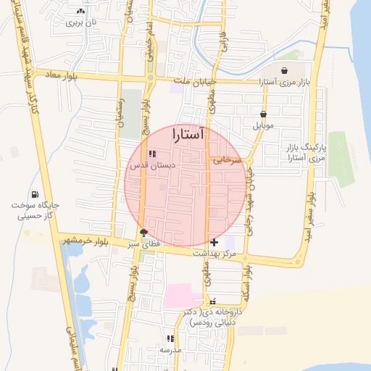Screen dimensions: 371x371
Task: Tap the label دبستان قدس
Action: [149, 165]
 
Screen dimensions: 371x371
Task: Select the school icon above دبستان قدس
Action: [151, 154]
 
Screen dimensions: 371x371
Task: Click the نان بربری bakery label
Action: [81, 23]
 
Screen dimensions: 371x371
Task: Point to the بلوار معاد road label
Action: [60, 74]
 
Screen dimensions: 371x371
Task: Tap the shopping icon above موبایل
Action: [263, 114]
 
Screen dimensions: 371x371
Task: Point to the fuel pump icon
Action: [36, 193]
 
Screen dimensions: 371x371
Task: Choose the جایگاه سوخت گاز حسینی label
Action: [35, 210]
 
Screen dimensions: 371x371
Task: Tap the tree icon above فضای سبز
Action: [143, 233]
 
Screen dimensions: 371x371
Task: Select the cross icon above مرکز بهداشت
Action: [213, 242]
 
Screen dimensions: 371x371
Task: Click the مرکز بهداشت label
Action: [214, 254]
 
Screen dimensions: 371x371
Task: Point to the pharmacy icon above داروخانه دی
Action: [212, 300]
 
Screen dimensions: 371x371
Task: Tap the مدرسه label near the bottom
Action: [170, 350]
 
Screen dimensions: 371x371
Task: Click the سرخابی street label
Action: [225, 159]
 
